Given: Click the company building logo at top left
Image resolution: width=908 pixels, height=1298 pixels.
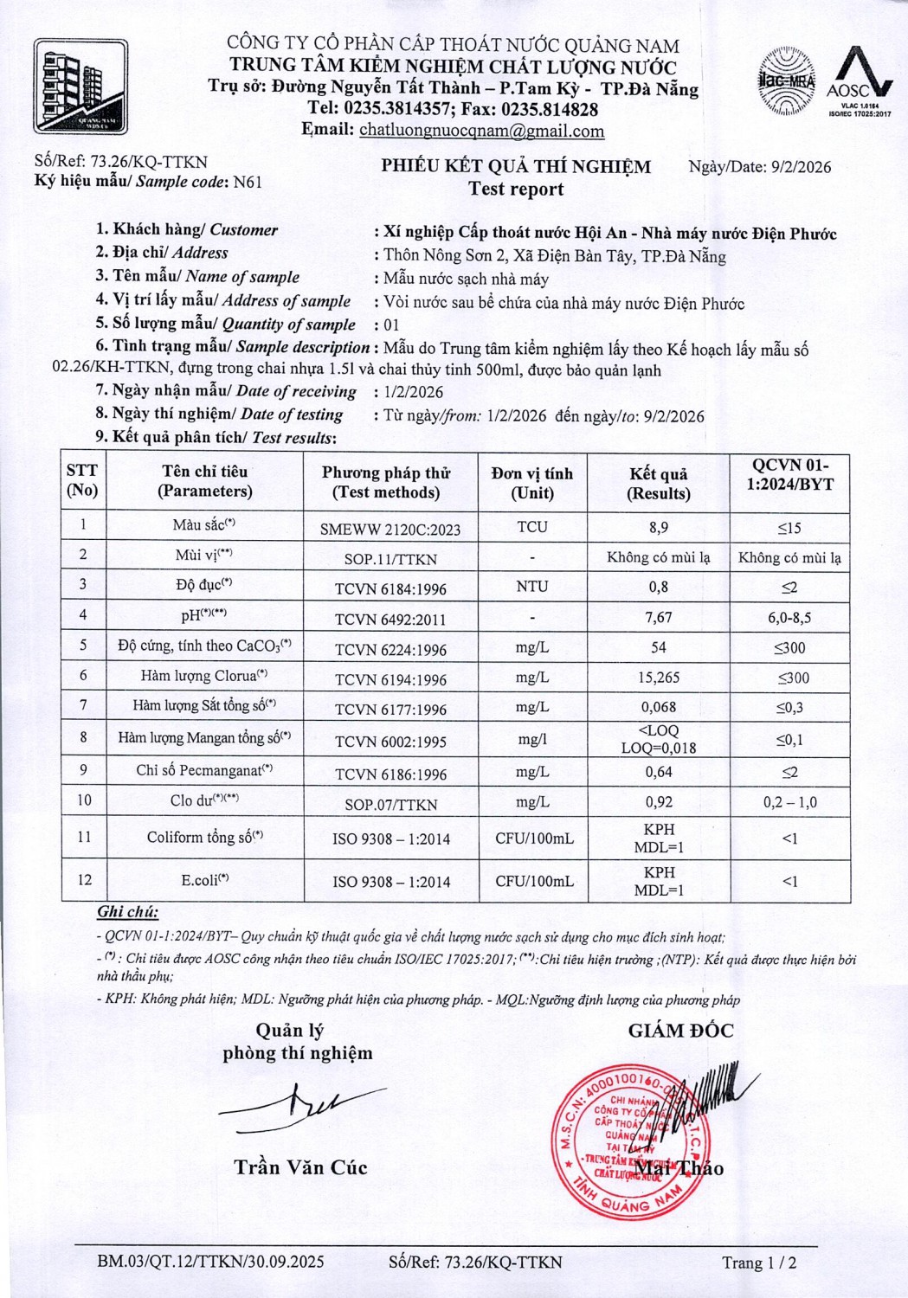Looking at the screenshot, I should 80,86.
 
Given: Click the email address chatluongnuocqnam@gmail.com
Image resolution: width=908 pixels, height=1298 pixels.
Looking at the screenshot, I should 481,131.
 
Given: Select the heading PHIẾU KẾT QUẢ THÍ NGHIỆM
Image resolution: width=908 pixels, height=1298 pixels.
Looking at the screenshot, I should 516,166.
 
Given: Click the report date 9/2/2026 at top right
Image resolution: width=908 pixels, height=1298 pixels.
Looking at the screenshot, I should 801,167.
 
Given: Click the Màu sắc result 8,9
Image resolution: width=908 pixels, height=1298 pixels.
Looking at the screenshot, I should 658,527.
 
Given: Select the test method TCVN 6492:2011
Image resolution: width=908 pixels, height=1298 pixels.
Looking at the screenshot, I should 390,619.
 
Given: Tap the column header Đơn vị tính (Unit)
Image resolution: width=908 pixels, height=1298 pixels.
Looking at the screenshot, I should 531,483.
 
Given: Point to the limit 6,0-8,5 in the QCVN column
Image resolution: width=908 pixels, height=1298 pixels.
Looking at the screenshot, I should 789,618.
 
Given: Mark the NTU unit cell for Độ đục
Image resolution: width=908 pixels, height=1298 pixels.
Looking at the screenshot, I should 531,587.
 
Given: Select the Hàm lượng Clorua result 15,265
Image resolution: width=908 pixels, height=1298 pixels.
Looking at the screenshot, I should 658,678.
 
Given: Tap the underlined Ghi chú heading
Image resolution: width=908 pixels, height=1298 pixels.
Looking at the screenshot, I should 127,911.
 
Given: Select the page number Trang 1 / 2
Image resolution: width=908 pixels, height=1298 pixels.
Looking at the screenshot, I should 759,1263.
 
